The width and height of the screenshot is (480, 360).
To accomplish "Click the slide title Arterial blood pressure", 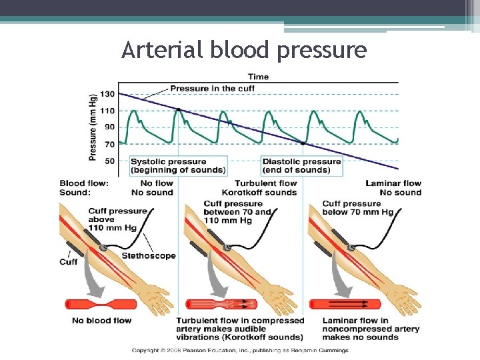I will tap(244, 50).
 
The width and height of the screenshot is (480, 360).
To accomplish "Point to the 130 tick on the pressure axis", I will tap(107, 94).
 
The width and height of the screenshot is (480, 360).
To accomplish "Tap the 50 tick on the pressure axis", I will tap(109, 161).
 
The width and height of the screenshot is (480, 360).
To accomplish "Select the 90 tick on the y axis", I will tap(109, 127).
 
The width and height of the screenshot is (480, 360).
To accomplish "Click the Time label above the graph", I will tap(258, 77).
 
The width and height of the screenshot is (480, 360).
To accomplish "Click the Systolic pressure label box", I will tap(178, 165).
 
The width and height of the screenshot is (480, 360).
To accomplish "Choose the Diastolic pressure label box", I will tap(302, 165).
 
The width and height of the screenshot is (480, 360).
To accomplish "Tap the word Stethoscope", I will tap(149, 255).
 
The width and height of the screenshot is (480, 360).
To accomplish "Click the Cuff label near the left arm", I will tap(69, 262).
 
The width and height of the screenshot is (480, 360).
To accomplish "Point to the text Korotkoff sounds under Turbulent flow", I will tap(266, 193).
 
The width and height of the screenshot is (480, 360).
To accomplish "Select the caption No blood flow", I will tap(101, 321).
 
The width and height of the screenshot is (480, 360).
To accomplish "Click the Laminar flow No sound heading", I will tap(393, 188).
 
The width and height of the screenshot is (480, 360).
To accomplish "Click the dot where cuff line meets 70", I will tap(303, 143).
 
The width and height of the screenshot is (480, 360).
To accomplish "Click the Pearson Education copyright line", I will tap(239, 350).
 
